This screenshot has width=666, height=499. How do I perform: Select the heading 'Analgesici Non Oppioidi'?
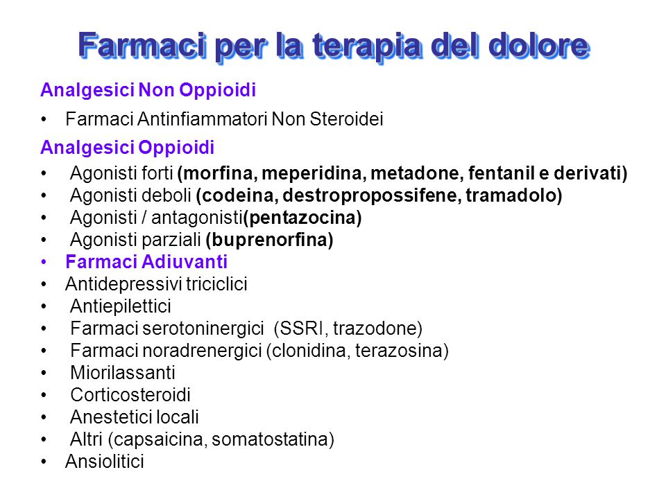(148, 90)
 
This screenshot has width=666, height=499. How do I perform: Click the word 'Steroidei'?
(347, 119)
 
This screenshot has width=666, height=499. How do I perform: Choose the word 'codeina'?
(240, 195)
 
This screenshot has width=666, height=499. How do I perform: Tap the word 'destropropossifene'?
(372, 195)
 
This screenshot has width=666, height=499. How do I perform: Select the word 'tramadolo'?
(511, 195)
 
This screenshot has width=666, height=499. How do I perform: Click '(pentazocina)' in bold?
(302, 218)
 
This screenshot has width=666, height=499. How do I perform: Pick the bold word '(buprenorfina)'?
(269, 240)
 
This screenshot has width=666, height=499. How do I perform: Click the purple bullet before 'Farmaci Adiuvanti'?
(44, 262)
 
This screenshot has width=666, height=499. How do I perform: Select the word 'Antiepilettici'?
(121, 306)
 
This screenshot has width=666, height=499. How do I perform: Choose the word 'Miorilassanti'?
(123, 373)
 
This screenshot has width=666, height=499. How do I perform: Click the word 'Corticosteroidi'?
(130, 395)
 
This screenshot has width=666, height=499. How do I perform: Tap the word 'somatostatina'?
(270, 439)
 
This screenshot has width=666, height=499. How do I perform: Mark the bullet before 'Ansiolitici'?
(44, 462)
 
